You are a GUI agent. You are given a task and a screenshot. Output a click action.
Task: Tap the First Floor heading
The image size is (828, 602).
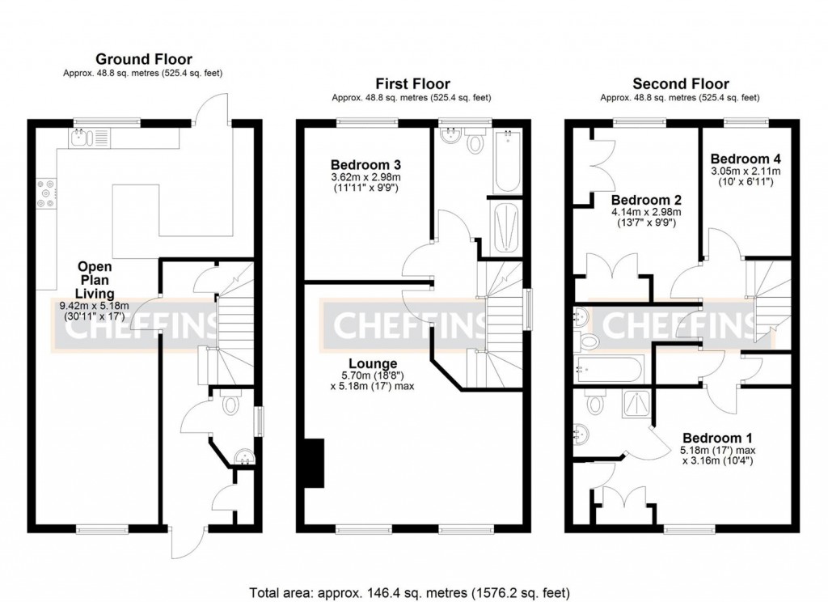pyautogui.click(x=412, y=83)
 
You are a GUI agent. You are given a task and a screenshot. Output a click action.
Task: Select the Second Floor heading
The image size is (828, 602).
pyautogui.click(x=680, y=83)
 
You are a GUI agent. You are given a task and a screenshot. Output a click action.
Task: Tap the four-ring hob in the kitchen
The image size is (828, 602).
pyautogui.click(x=44, y=193)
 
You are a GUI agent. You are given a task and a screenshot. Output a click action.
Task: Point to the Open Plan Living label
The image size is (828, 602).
pyautogui.click(x=95, y=279)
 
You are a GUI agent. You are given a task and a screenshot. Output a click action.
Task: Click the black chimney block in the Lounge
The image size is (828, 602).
pyautogui.click(x=313, y=463)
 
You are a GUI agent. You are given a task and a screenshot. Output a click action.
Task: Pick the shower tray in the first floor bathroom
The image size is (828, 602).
pyautogui.click(x=509, y=224)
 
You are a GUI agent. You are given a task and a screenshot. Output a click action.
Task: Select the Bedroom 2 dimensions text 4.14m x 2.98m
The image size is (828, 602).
pyautogui.click(x=642, y=212)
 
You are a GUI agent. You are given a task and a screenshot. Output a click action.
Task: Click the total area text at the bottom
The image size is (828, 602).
pyautogui.click(x=414, y=591)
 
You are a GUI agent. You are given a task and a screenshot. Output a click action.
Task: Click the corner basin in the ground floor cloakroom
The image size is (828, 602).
pyautogui.click(x=242, y=460)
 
